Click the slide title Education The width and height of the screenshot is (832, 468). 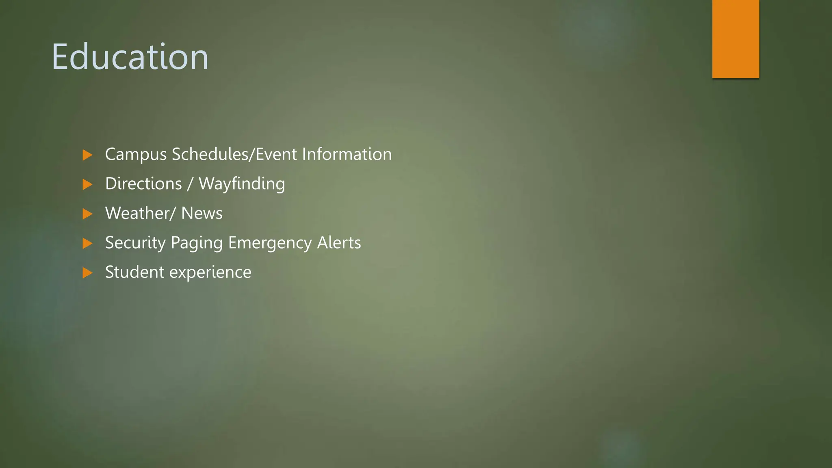point(130,57)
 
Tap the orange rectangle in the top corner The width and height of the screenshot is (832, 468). point(735,39)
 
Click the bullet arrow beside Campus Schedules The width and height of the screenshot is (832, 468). point(87,155)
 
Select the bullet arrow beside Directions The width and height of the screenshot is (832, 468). point(87,184)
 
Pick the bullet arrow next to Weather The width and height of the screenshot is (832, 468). point(87,214)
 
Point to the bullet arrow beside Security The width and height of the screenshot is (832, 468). point(87,243)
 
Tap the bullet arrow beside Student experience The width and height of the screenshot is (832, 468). point(87,273)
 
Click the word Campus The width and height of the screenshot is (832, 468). point(136,155)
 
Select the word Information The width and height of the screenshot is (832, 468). point(347,154)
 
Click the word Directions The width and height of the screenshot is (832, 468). point(143,184)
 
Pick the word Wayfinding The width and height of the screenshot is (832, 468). point(242,184)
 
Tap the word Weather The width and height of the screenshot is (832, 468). point(138,213)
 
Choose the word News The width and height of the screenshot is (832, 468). point(202,213)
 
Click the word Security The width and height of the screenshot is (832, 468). point(135,243)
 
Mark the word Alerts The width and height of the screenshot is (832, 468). point(339,243)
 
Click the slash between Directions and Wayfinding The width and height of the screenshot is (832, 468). point(190,184)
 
